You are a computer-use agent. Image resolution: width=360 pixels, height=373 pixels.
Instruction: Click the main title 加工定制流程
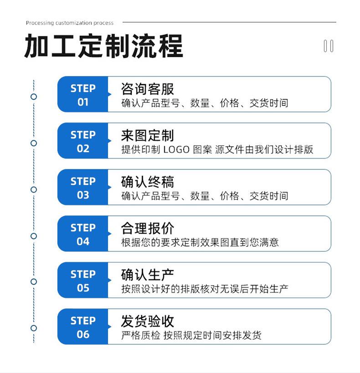point(103,46)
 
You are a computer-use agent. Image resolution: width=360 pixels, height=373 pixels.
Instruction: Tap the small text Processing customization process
point(70,23)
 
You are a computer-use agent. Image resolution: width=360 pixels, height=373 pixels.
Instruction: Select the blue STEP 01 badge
point(83,94)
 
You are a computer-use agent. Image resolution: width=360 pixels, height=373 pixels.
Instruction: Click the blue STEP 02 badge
point(83,141)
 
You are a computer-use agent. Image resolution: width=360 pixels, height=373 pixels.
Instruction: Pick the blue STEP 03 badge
point(83,187)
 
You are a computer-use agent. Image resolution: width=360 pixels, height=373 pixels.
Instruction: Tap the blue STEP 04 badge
point(83,234)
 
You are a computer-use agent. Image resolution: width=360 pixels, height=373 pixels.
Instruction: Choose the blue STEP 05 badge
point(83,280)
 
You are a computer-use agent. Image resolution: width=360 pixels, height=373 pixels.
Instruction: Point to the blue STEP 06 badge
point(83,327)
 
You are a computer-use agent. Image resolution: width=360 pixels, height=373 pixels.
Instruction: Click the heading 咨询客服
point(147,89)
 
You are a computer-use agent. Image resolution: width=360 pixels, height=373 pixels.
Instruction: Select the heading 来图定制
point(147,135)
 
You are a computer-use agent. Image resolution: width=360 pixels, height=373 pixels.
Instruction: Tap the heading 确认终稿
point(147,182)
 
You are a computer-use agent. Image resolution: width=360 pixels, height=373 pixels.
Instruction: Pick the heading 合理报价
point(147,228)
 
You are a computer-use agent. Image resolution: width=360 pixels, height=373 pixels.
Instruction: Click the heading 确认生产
point(147,275)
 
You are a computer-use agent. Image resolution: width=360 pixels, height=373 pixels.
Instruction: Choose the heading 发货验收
point(147,322)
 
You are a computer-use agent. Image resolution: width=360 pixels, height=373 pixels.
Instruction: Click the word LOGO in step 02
point(176,150)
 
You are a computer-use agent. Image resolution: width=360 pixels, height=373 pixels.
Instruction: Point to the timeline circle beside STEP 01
point(34,97)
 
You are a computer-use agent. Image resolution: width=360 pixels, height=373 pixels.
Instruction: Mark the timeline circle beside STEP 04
point(34,236)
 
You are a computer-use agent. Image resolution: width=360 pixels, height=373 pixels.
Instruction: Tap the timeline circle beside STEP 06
point(34,328)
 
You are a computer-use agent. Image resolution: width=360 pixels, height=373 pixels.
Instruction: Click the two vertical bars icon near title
point(329,46)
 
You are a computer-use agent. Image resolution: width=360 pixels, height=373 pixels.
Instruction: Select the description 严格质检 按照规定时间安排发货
point(191,335)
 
